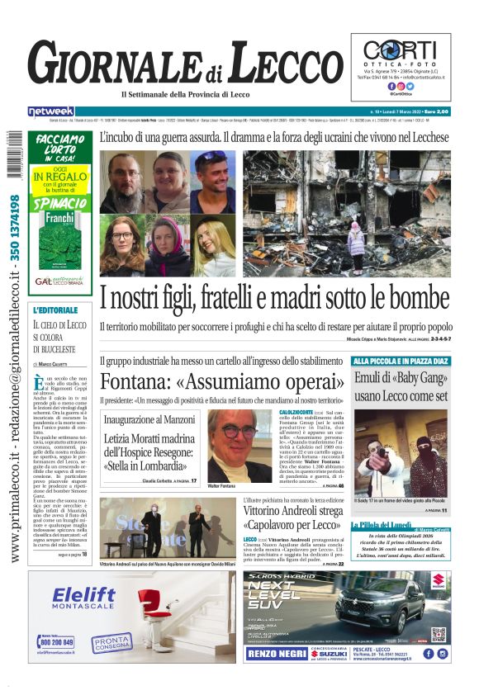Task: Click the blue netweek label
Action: point(51,111)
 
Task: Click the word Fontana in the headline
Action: point(137,381)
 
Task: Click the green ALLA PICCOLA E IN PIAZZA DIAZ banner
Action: point(401,361)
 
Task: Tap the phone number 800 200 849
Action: point(56,641)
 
